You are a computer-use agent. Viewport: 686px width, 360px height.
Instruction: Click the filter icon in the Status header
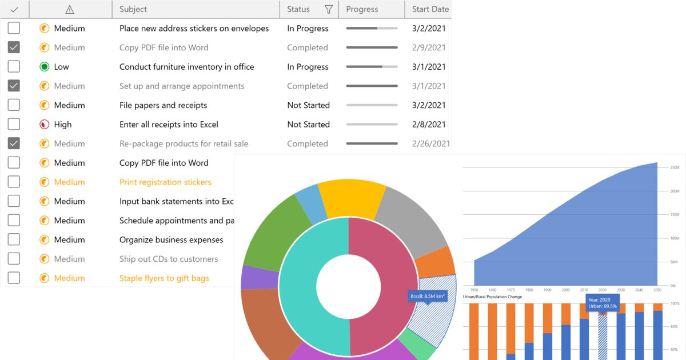click(329, 9)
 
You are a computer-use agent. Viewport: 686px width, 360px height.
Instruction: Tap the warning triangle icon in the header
click(70, 9)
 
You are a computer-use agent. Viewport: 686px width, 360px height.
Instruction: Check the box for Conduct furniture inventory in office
click(14, 67)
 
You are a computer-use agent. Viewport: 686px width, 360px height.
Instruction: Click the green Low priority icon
click(45, 67)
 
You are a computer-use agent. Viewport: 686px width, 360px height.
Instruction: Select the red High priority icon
click(45, 125)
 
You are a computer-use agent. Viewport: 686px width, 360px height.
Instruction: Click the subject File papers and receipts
click(163, 105)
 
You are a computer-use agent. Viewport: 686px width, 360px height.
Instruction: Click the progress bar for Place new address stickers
click(372, 28)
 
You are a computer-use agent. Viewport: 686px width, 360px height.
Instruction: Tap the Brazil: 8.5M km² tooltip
click(428, 296)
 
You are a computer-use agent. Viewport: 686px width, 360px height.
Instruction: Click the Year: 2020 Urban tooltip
click(602, 303)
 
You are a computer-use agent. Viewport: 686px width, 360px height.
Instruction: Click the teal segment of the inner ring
click(312, 286)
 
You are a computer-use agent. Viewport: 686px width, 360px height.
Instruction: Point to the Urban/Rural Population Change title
click(492, 297)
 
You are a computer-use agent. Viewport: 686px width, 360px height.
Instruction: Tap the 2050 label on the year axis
click(657, 290)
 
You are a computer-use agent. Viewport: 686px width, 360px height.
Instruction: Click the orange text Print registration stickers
click(165, 182)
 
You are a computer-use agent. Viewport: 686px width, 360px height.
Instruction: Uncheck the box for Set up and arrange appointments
click(14, 86)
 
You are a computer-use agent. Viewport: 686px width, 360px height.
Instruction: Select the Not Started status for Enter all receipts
click(308, 125)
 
